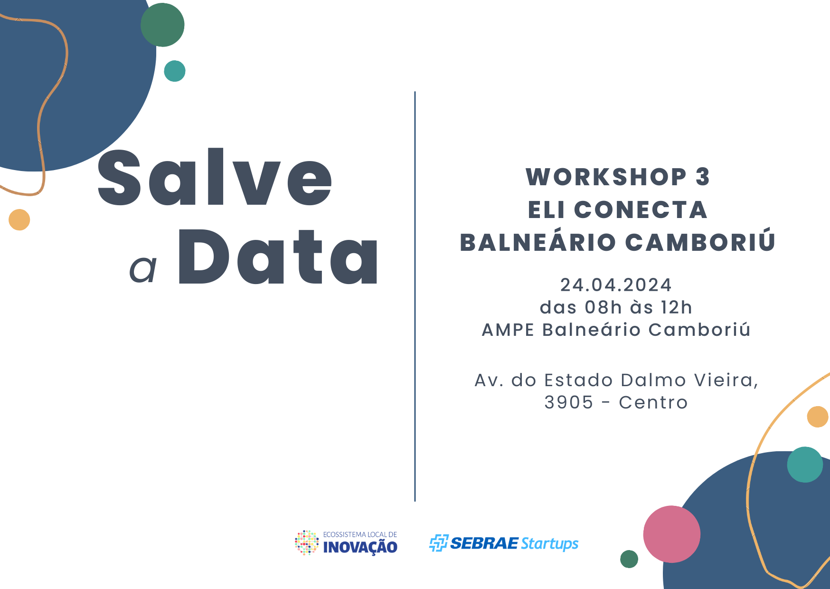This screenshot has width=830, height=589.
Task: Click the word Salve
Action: point(215,178)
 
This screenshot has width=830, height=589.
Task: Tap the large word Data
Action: point(278,258)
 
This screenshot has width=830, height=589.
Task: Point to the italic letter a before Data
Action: point(143,269)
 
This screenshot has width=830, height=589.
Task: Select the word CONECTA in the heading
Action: point(641,210)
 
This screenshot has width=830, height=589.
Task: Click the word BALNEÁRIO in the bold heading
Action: point(538,242)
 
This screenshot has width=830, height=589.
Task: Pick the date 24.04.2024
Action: point(616,285)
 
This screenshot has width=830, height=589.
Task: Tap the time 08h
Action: point(603,307)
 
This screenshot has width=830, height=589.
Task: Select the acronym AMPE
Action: point(508,330)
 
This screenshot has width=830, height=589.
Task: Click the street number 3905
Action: point(568,402)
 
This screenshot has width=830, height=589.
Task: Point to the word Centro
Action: point(653,402)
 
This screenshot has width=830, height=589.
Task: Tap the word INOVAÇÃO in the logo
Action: point(360,547)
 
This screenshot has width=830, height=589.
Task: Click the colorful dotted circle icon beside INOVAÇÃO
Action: point(307,542)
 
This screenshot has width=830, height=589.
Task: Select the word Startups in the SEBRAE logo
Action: point(549,543)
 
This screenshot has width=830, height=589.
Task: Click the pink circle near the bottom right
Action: point(671,534)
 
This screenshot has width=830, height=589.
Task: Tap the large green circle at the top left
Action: point(162,25)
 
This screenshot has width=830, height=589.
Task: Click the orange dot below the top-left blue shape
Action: point(19,219)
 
